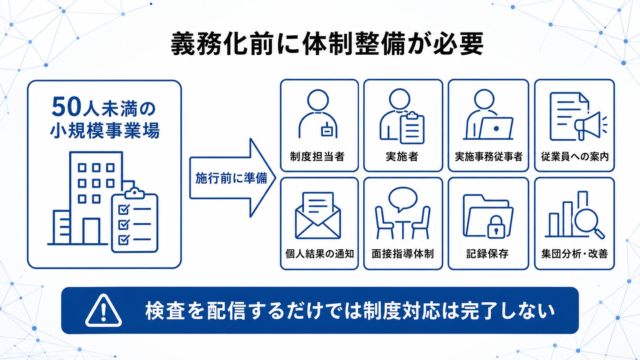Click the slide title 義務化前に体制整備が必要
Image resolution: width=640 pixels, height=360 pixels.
click(327, 44)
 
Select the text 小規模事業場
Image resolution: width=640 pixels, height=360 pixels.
click(105, 130)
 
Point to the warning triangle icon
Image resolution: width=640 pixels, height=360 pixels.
click(103, 311)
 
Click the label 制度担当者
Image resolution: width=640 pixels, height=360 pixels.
click(317, 157)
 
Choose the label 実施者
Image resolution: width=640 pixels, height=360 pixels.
click(402, 157)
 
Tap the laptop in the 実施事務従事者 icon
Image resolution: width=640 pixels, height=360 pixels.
click(496, 128)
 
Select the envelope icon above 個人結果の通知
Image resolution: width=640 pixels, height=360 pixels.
click(318, 215)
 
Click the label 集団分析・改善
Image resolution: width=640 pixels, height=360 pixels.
click(574, 254)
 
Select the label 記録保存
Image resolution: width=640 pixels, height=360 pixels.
click(487, 254)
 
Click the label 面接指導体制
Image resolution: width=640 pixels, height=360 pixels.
click(403, 254)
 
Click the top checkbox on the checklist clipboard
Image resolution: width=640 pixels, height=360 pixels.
click(124, 209)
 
